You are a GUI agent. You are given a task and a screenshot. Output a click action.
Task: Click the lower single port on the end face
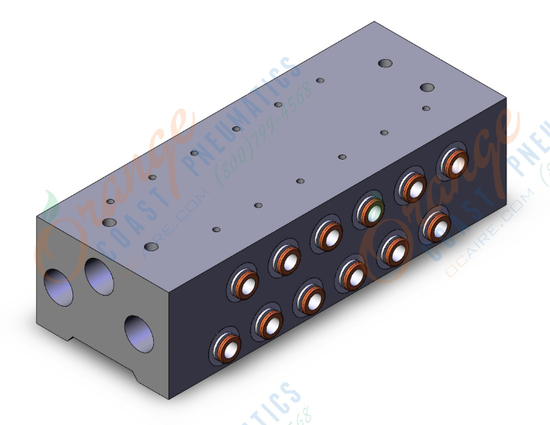click(137, 332)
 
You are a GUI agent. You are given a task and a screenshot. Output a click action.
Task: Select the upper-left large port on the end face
click(58, 287)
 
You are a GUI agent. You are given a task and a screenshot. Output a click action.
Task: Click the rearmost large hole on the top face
click(384, 64)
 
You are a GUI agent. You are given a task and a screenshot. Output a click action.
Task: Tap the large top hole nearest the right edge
click(427, 88)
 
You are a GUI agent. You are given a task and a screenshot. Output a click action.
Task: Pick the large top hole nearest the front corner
click(152, 246)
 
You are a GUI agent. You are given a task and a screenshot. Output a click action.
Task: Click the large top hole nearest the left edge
click(109, 222)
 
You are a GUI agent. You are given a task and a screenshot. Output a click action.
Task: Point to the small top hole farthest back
click(320, 80)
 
